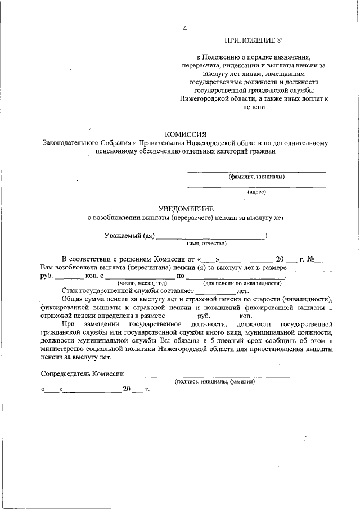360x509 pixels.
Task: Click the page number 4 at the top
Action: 185,29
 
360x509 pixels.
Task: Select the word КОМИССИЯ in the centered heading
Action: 185,134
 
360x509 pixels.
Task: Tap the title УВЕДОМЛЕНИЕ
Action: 185,209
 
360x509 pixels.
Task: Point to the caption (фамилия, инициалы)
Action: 256,177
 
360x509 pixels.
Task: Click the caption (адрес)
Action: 256,192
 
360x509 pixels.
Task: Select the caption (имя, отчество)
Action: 206,244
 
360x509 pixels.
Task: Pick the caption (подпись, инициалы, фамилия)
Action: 215,381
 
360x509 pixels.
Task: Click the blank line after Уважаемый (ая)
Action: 211,237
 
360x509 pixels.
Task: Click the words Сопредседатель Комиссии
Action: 82,374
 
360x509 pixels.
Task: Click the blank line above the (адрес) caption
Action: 256,187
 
